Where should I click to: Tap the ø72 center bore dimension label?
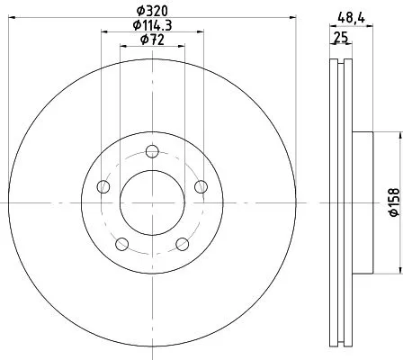151,40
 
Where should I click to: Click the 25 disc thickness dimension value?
341,38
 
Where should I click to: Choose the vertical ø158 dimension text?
393,202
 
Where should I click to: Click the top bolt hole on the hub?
151,149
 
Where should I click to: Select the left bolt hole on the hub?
103,186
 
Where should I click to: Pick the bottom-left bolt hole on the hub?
121,243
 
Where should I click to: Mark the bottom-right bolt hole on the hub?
182,243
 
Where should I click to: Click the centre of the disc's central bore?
151,202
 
